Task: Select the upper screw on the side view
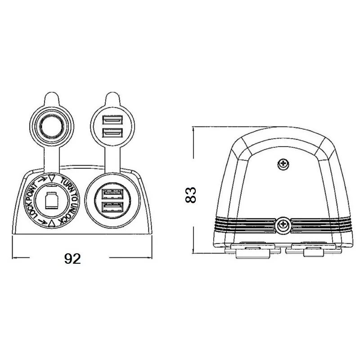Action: click(283, 164)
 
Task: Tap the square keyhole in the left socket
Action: click(51, 198)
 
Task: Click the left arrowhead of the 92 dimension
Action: click(14, 258)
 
